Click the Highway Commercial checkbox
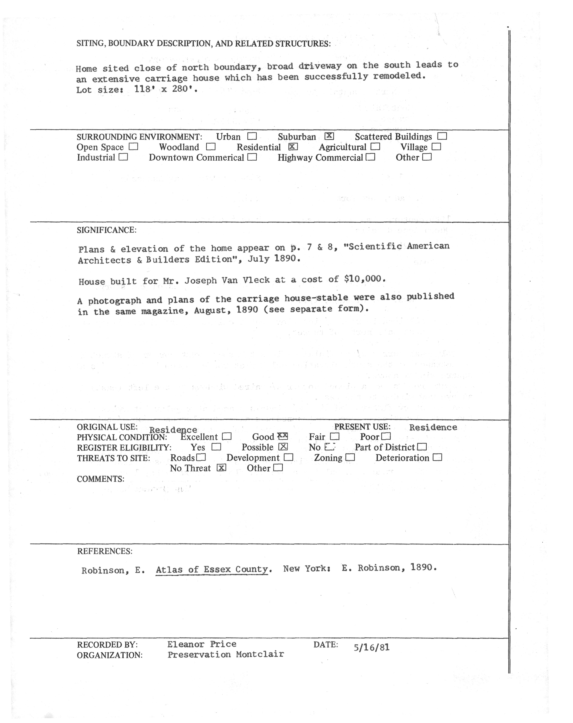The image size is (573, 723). point(370,157)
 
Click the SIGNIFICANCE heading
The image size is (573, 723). point(107,230)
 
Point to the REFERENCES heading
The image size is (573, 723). point(105,551)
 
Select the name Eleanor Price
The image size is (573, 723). point(202,644)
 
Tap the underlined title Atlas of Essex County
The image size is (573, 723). point(212,569)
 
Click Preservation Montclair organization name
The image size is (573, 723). point(226,655)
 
